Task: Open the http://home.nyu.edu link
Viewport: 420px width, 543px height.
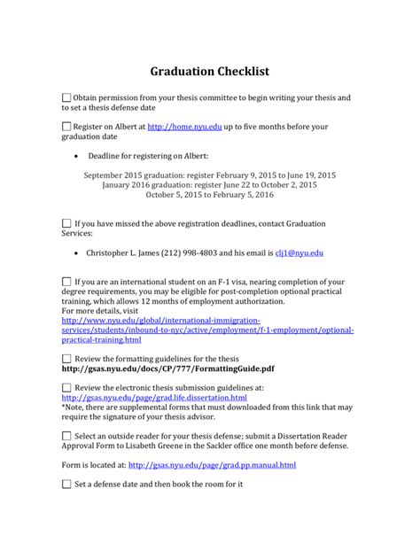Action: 183,128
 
